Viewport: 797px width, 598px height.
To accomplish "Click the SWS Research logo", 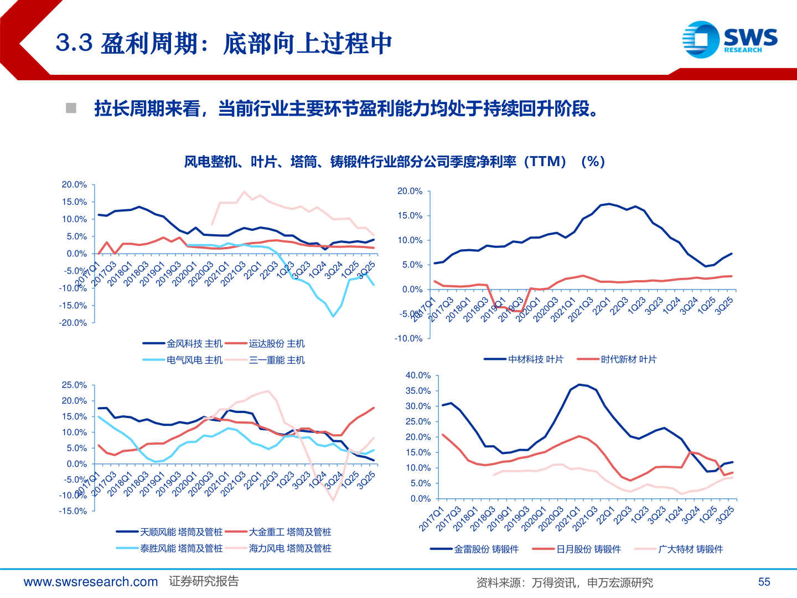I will pos(729,39).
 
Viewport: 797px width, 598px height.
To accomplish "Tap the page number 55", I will pos(764,581).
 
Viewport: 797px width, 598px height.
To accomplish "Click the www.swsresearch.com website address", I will pos(91,581).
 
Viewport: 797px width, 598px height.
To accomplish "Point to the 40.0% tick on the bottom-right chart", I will pos(418,375).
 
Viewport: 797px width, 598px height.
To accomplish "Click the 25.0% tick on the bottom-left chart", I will pos(74,385).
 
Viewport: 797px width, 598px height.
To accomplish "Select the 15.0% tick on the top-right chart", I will pos(410,215).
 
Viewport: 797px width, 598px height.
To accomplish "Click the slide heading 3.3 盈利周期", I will pos(224,43).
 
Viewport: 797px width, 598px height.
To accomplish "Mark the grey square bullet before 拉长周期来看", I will pos(71,108).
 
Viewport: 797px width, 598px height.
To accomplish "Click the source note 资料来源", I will pos(564,582).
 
